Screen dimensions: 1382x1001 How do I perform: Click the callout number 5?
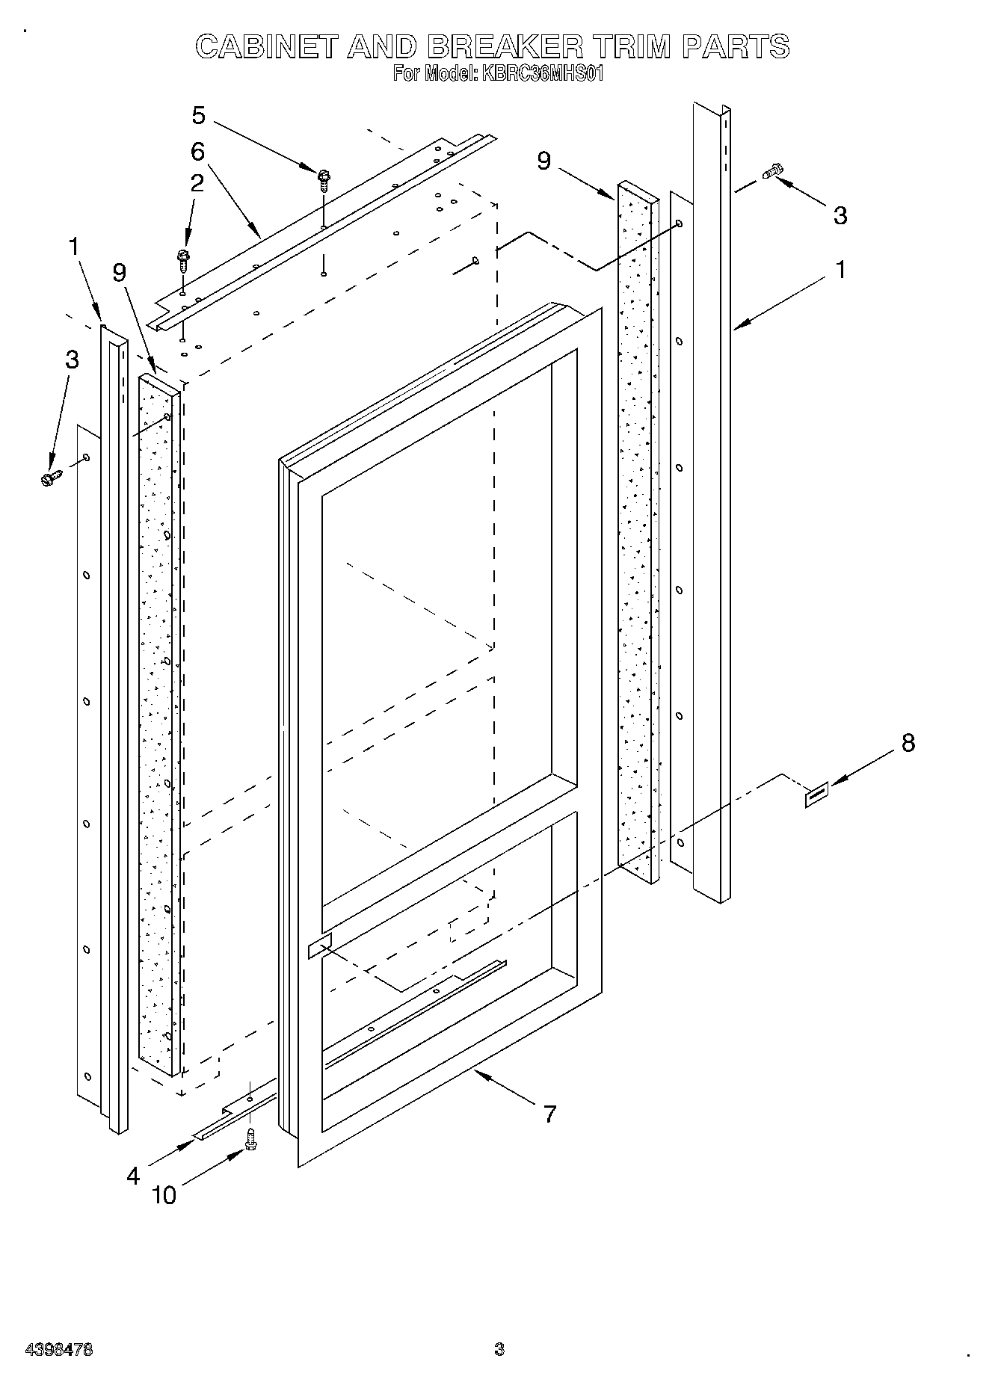pyautogui.click(x=198, y=116)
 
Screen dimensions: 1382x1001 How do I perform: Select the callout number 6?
pyautogui.click(x=197, y=152)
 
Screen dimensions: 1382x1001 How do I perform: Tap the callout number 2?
pyautogui.click(x=197, y=184)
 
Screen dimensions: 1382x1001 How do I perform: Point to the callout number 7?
pyautogui.click(x=549, y=1114)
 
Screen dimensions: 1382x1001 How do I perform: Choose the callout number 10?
pyautogui.click(x=164, y=1194)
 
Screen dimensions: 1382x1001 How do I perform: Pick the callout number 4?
pyautogui.click(x=133, y=1176)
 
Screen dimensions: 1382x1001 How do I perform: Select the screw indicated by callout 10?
pyautogui.click(x=251, y=1140)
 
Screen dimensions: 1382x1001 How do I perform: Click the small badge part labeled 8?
pyautogui.click(x=816, y=797)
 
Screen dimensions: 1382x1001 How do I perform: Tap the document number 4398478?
pyautogui.click(x=59, y=1350)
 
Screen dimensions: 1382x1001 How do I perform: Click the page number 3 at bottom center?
pyautogui.click(x=499, y=1350)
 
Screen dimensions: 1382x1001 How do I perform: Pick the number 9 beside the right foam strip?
pyautogui.click(x=543, y=160)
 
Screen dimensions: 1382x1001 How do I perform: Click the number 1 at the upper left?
pyautogui.click(x=73, y=247)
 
